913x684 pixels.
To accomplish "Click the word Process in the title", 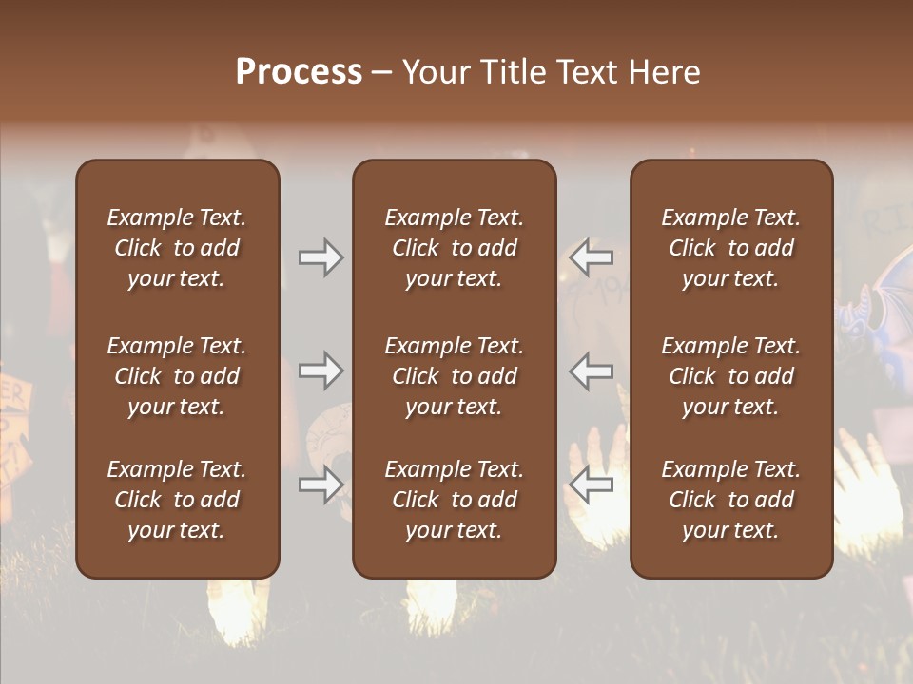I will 299,72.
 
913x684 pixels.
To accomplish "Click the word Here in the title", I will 665,72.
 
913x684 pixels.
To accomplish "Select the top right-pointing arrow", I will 321,257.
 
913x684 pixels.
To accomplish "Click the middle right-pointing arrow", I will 321,370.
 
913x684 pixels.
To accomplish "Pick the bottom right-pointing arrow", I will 321,484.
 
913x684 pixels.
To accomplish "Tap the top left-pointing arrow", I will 592,257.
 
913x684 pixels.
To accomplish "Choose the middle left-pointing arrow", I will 592,370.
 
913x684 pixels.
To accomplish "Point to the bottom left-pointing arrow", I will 592,484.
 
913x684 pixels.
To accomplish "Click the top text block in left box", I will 177,248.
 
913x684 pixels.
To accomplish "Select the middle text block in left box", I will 177,376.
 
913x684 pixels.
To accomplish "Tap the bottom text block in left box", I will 177,500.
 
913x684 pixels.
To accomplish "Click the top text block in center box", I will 454,248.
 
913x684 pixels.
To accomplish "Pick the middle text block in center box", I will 454,376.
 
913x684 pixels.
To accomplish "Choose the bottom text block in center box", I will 454,500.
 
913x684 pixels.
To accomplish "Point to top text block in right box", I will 730,248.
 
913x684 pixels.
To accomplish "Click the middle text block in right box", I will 730,376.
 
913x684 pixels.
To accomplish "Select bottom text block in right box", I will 730,500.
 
